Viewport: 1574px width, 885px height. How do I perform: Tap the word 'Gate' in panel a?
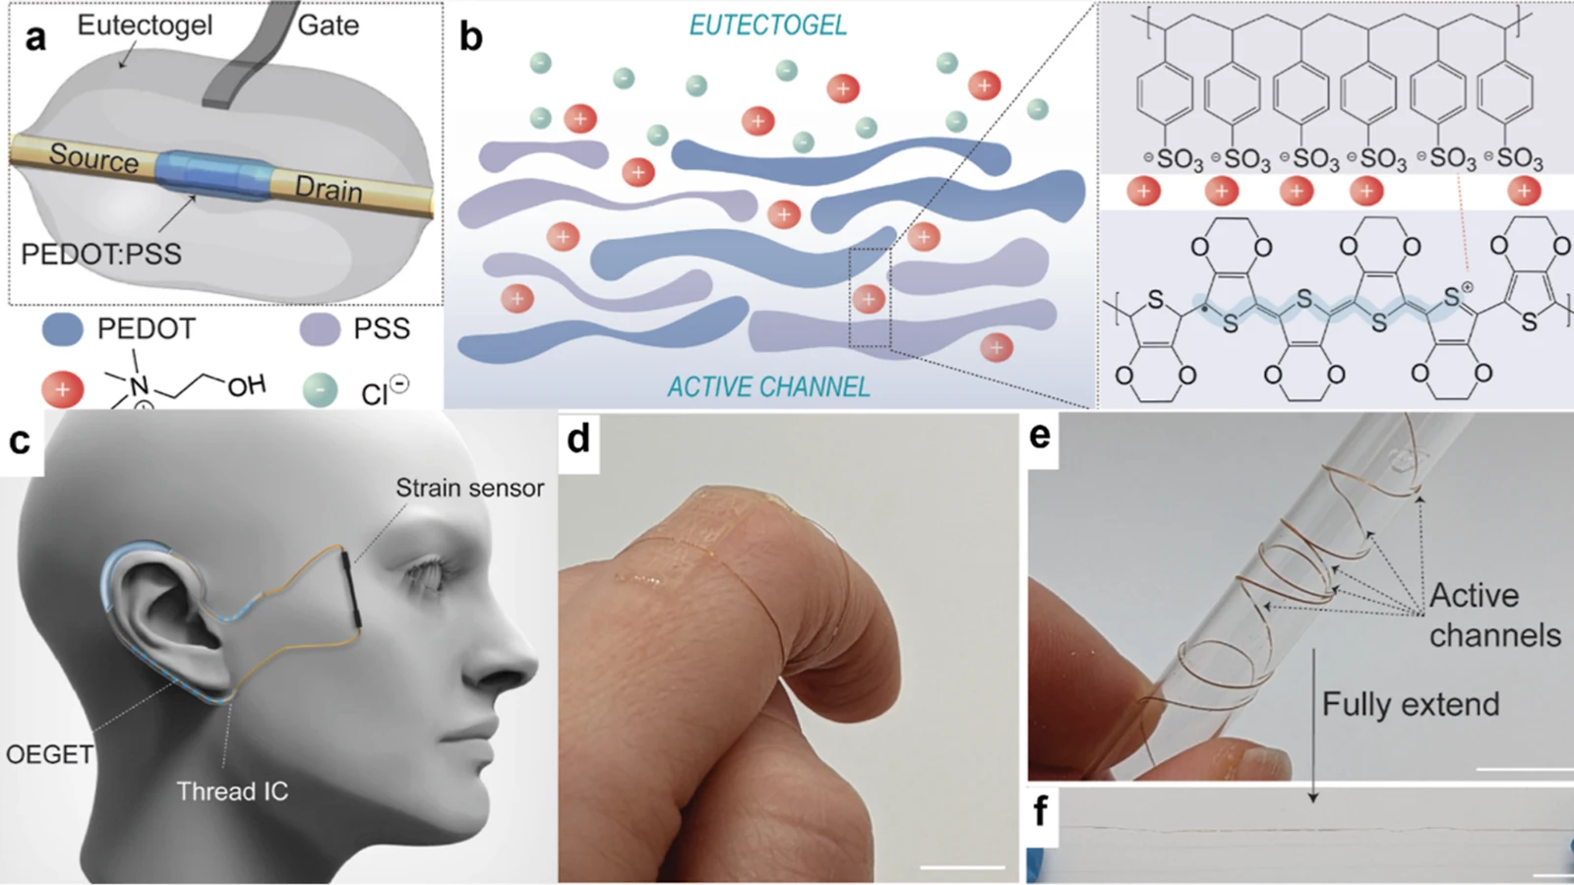[329, 26]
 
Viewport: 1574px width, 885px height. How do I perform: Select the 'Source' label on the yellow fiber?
[93, 158]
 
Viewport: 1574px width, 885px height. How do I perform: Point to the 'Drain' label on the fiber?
[329, 189]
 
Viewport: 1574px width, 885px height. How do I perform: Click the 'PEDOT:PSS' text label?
[101, 254]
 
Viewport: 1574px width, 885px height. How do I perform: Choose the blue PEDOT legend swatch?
[63, 328]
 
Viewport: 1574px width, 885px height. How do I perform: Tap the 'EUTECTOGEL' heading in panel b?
[768, 26]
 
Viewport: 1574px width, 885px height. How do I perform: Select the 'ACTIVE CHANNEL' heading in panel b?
[768, 387]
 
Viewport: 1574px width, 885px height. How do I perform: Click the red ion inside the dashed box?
[870, 299]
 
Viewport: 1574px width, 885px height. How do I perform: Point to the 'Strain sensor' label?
[469, 488]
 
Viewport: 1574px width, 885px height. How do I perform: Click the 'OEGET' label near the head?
[49, 754]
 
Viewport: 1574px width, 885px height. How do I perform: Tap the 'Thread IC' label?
[232, 792]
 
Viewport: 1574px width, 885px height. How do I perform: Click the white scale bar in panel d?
[962, 867]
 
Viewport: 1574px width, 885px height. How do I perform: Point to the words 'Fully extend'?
[1411, 704]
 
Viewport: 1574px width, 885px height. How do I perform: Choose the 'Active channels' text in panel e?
[1494, 616]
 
